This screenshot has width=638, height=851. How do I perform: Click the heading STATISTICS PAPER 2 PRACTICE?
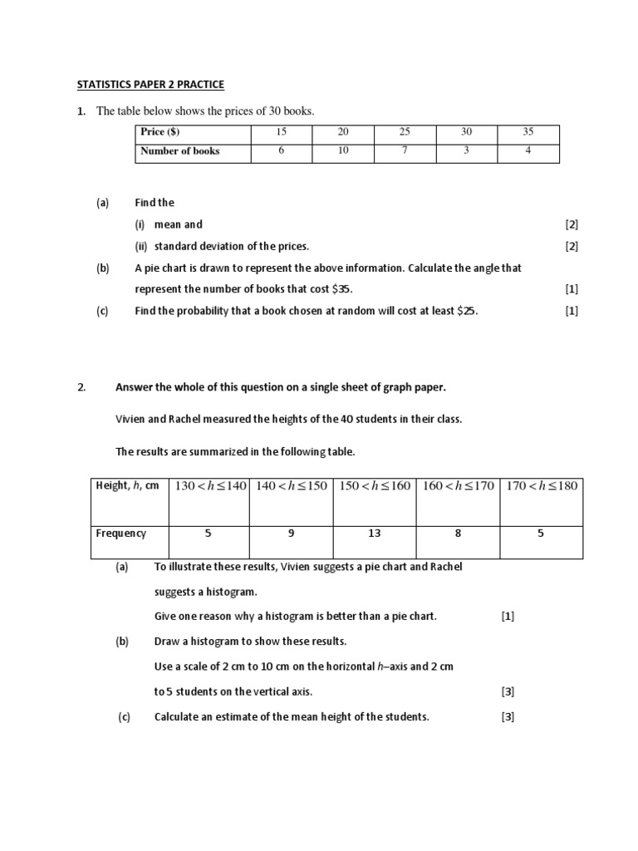150,85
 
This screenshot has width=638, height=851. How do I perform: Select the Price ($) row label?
159,132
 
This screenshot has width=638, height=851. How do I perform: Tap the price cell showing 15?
282,132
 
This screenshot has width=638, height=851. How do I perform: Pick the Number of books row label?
180,151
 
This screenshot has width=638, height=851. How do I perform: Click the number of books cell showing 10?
343,151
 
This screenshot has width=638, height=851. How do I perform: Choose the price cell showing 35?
528,132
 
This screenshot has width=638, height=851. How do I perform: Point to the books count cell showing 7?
405,151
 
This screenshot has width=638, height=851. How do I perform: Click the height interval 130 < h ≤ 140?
211,486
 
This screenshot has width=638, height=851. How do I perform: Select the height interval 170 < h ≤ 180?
542,486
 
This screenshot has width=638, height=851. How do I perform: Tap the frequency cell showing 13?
375,534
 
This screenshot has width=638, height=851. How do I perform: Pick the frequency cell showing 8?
458,534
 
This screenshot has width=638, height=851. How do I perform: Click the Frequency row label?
120,534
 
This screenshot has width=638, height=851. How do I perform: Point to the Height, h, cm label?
127,486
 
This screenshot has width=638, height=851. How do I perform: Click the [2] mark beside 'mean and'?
572,224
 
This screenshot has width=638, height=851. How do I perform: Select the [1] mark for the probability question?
572,311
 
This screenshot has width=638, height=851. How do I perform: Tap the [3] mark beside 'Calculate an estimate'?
508,717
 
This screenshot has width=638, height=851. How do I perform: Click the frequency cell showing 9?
292,534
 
